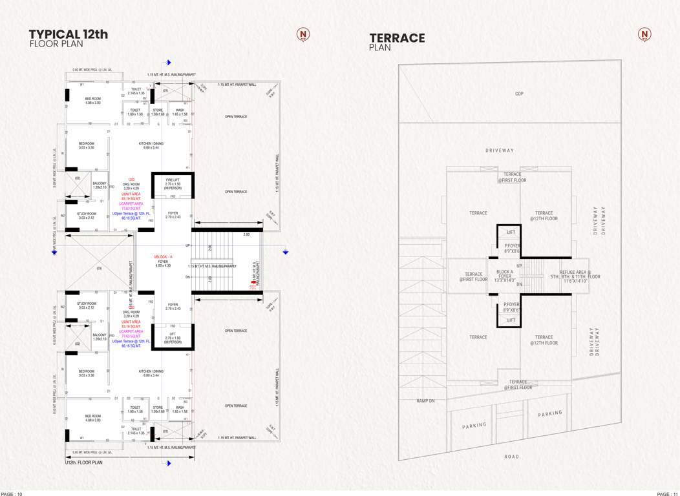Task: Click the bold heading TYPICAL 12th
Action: [69, 34]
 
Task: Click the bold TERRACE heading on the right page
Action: [397, 38]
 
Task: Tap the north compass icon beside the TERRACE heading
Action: [644, 34]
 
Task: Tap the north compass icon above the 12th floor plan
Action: [303, 34]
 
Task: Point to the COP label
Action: [519, 94]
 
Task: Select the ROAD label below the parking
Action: [511, 457]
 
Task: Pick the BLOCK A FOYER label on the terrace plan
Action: [505, 276]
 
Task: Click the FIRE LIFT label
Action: [173, 179]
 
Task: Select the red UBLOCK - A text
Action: [162, 257]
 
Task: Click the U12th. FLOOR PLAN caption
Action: [84, 463]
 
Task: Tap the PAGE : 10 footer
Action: [12, 493]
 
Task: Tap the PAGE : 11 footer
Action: [667, 493]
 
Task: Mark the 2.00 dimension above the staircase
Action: [246, 235]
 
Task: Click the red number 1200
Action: [131, 179]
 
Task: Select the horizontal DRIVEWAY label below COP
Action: [500, 150]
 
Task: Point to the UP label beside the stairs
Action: [188, 246]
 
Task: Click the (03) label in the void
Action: [99, 268]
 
